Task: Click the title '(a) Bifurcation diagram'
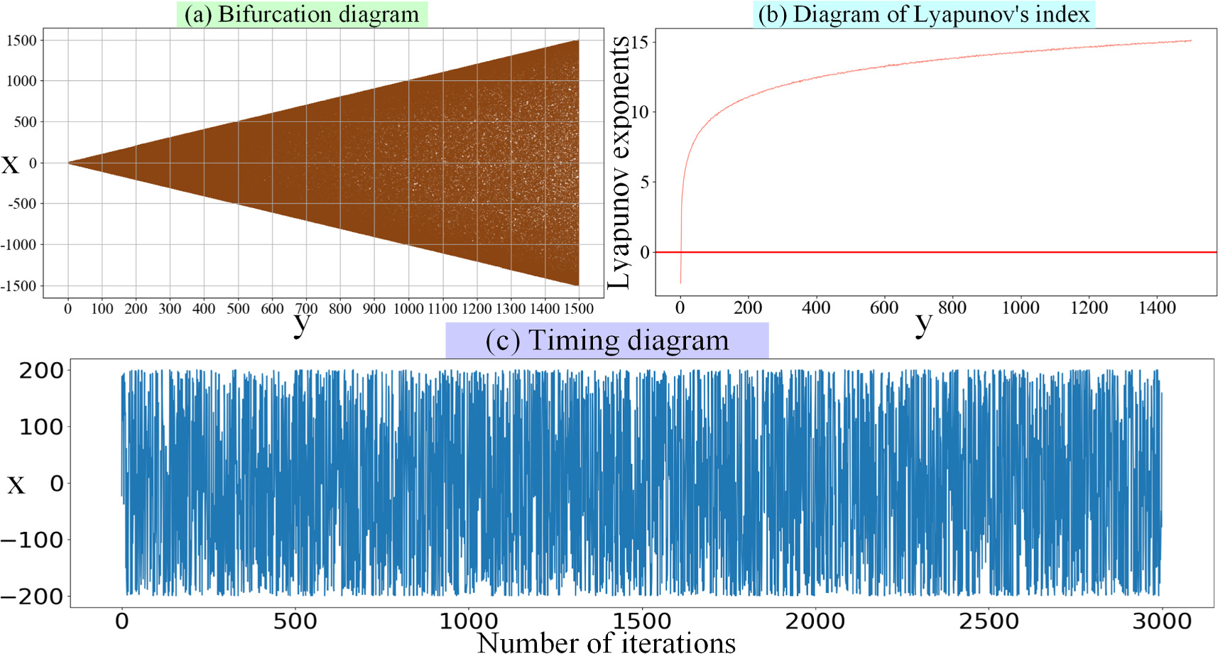pos(302,14)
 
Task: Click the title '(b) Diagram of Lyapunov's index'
pos(923,14)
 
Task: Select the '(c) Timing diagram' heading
pos(607,340)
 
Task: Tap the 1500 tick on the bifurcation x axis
pos(579,308)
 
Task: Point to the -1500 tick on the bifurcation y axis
pos(21,285)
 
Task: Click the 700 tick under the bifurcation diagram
pos(306,308)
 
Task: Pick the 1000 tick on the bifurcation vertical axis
pos(21,81)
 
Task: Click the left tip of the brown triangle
pos(69,163)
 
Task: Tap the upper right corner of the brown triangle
pos(577,42)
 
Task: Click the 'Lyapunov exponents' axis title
pos(619,163)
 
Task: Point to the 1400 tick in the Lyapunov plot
pos(1157,307)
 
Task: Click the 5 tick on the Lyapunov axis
pos(644,182)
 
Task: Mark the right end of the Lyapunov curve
pos(1191,40)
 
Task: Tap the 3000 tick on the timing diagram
pos(1162,621)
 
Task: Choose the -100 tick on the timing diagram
pos(32,540)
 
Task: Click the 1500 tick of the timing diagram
pos(642,621)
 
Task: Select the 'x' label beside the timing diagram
pos(16,485)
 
